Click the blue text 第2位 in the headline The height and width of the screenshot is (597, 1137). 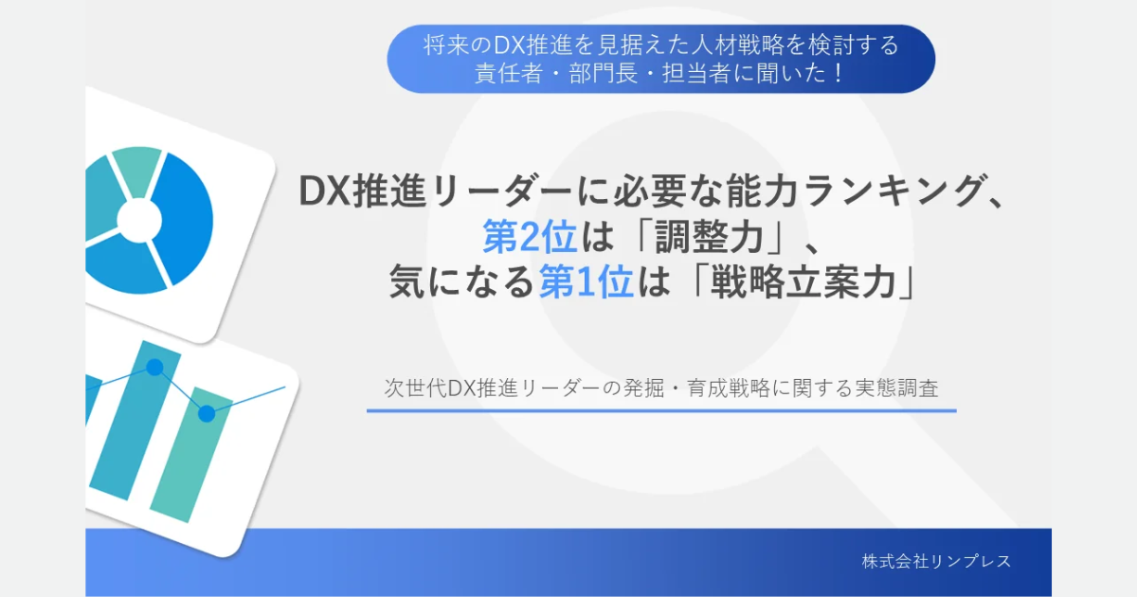coord(530,237)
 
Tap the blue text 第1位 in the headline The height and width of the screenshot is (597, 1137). coord(586,282)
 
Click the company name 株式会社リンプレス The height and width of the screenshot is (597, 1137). coord(936,561)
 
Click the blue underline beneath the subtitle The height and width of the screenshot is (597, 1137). coord(660,411)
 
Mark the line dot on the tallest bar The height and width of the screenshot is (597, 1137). coord(154,367)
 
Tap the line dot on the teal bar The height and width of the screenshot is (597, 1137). coord(207,412)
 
